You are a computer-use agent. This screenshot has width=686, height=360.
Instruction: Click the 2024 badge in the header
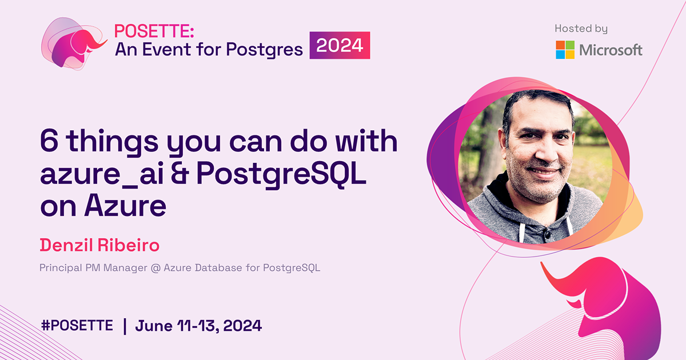[x=340, y=46]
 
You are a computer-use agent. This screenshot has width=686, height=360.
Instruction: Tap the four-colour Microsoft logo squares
[x=565, y=50]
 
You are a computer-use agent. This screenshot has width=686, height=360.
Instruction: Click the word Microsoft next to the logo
[x=611, y=50]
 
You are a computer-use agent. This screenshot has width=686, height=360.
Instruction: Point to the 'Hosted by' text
[x=581, y=29]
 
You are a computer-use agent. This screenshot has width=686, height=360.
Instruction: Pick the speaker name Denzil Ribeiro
[x=99, y=245]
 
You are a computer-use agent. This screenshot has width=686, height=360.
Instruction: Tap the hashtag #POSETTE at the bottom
[x=77, y=326]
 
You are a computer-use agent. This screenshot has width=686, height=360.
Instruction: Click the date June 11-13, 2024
[x=198, y=326]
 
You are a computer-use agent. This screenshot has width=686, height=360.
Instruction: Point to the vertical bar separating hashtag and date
[x=125, y=326]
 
